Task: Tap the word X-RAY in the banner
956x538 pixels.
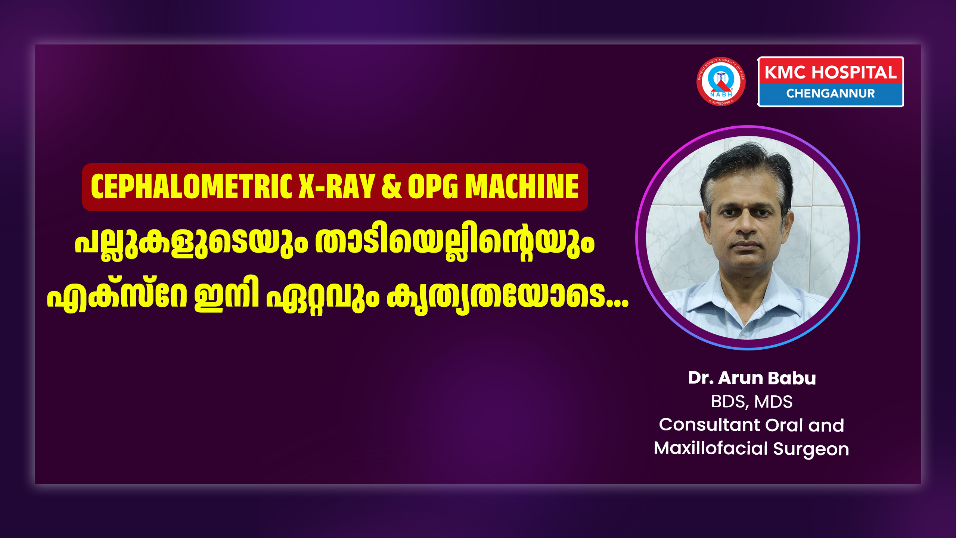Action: click(337, 186)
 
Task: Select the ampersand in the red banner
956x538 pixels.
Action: click(392, 186)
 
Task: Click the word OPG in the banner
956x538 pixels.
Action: click(433, 186)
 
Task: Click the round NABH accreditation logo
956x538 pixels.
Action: click(721, 81)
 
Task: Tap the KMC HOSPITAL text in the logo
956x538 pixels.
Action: click(831, 72)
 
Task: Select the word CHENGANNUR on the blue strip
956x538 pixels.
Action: click(831, 93)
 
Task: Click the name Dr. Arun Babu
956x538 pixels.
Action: click(752, 378)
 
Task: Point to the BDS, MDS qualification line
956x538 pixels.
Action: click(752, 402)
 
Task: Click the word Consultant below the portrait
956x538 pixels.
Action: click(710, 425)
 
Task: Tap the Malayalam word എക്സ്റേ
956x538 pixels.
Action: click(117, 295)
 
